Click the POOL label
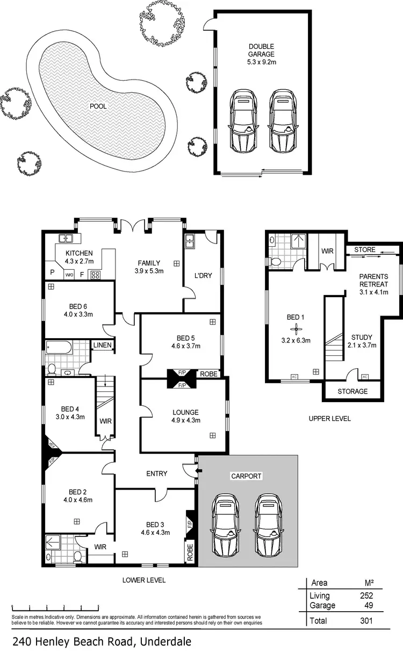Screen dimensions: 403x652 [x=98, y=106]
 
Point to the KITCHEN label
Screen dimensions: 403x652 [x=80, y=253]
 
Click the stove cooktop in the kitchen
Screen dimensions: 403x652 [x=96, y=275]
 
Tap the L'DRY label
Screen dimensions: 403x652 [x=203, y=276]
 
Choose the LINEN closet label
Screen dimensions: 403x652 [x=102, y=345]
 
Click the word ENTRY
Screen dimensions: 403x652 [x=157, y=474]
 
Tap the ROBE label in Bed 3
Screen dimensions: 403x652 [x=190, y=553]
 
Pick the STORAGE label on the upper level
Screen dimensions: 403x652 [x=352, y=391]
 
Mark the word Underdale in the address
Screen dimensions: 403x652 [x=166, y=641]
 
